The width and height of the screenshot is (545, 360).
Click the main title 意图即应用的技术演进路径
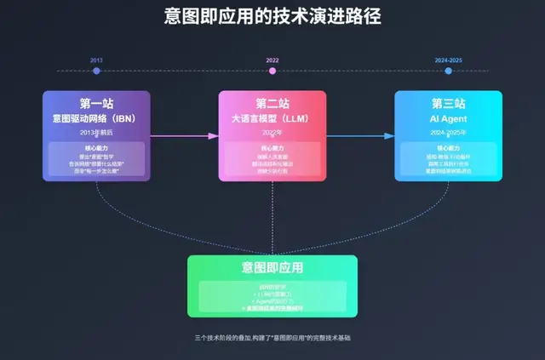point(272,16)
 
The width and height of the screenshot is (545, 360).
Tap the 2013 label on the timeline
point(96,60)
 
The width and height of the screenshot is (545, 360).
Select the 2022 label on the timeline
point(272,60)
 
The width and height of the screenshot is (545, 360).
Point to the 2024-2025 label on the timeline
point(448,60)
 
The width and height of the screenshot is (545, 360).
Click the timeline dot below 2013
point(96,71)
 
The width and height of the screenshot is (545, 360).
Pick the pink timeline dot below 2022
point(272,71)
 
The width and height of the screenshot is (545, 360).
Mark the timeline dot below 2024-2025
point(448,71)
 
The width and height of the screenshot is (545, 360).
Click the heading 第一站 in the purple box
point(96,104)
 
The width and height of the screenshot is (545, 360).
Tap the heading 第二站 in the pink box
point(272,104)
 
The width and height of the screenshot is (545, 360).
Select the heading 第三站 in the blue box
point(448,104)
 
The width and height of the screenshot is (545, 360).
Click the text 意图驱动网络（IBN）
point(96,118)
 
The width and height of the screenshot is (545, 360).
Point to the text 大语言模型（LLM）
point(272,118)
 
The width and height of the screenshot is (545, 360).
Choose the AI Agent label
point(448,118)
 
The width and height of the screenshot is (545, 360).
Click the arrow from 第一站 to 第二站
point(184,135)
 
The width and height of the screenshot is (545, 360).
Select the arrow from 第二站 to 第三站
point(360,135)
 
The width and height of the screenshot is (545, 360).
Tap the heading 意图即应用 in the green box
point(272,268)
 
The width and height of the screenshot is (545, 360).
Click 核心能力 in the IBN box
point(96,148)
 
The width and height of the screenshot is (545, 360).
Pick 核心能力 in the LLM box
point(272,148)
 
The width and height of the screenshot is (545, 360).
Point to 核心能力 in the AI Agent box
point(448,148)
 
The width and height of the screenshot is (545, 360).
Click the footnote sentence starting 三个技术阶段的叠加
point(272,338)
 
